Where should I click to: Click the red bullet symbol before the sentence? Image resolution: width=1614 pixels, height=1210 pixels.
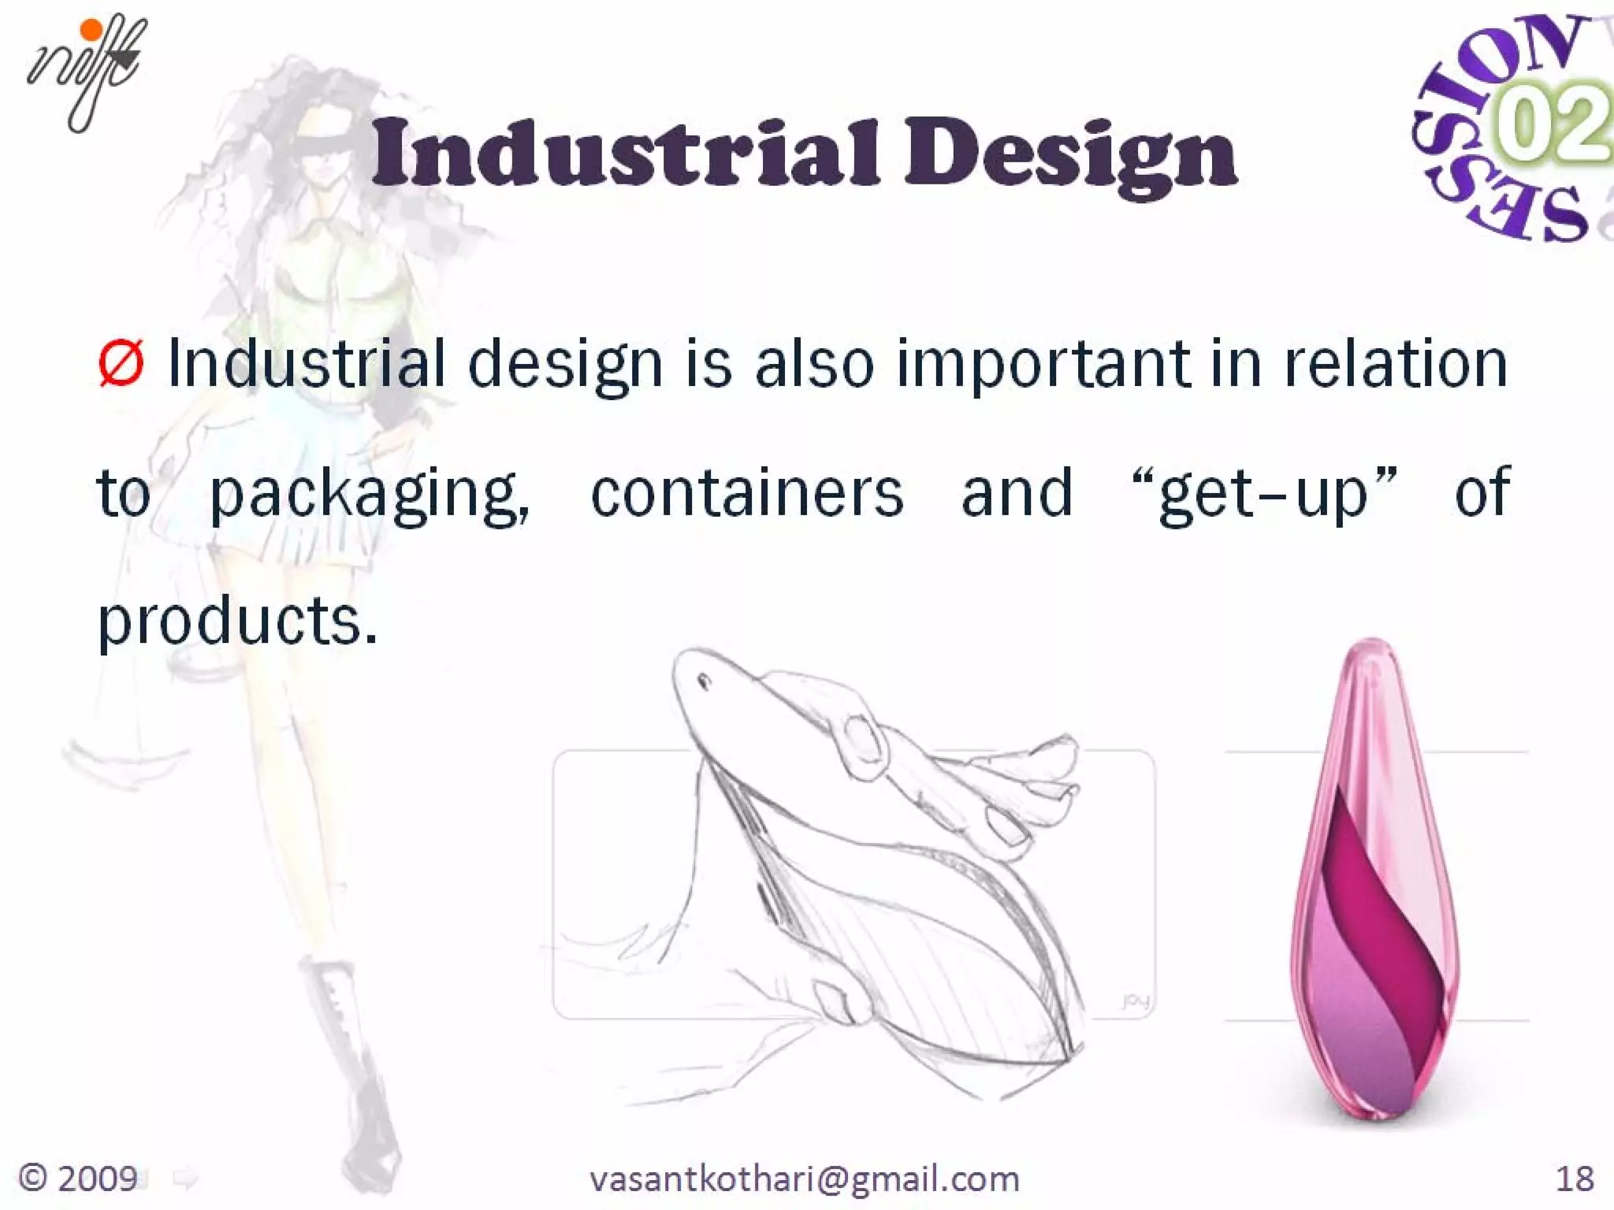click(x=121, y=364)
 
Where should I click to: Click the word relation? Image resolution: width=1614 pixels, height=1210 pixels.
click(x=1395, y=364)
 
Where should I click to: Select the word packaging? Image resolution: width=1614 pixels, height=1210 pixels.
click(x=369, y=494)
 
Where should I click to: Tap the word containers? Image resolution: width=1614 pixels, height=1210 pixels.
click(x=746, y=494)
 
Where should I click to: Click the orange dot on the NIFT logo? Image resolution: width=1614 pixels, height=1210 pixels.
click(x=92, y=30)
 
